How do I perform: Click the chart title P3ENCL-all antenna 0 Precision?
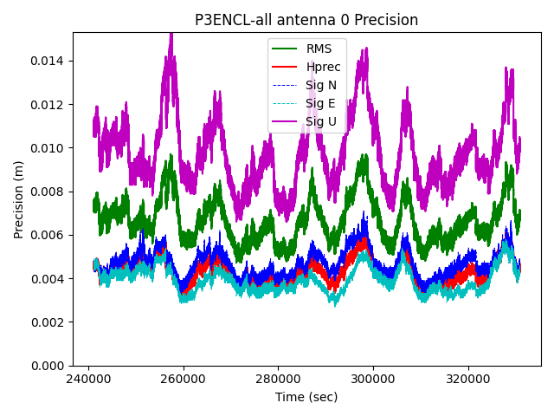(x=306, y=20)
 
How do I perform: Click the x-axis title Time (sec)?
(x=306, y=397)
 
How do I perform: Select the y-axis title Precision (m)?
(x=18, y=199)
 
